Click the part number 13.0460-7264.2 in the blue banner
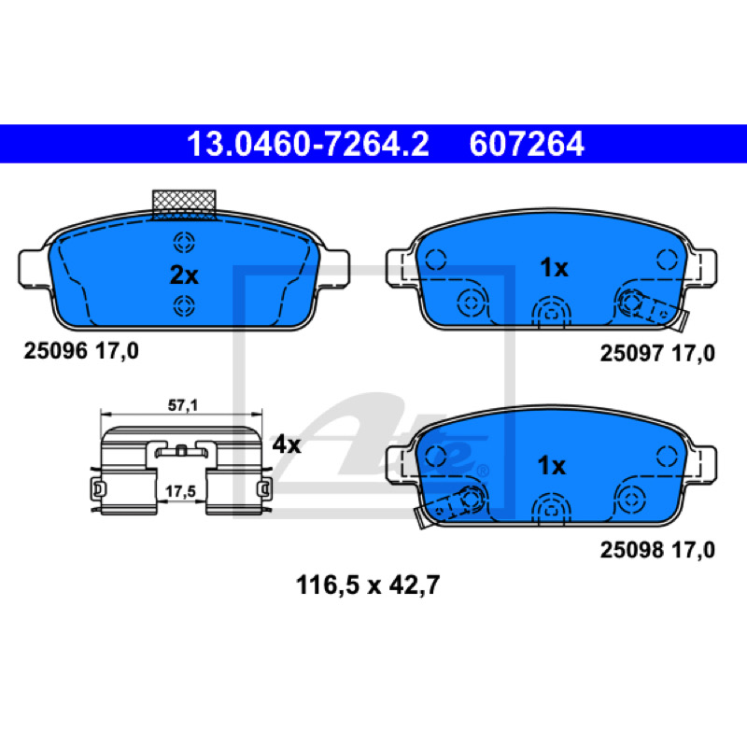coord(308,145)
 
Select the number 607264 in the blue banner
coord(527,145)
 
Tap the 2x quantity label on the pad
coord(184,275)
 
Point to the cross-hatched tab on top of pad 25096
coord(184,204)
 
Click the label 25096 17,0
coord(81,352)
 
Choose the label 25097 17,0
coord(657,354)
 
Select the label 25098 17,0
coord(657,550)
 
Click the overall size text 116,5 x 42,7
coord(367,585)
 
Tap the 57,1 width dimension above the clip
coord(182,405)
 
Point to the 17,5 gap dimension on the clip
coord(180,491)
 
